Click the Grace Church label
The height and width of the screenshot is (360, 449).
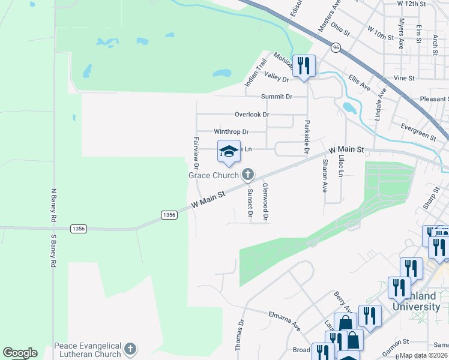click(214, 175)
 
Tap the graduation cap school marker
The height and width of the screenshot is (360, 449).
click(229, 152)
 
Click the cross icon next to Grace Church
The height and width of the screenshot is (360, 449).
click(247, 175)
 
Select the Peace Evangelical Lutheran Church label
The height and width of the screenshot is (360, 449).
click(88, 350)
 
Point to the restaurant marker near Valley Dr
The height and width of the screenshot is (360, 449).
click(304, 65)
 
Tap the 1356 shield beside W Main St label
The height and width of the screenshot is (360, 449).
click(169, 215)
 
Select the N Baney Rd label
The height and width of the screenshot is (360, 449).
click(53, 207)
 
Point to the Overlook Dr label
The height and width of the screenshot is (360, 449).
click(252, 114)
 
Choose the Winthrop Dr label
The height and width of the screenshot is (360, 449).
click(231, 131)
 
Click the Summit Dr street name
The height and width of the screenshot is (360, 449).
click(277, 97)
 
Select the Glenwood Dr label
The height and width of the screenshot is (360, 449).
click(265, 201)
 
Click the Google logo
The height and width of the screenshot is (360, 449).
click(20, 353)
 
